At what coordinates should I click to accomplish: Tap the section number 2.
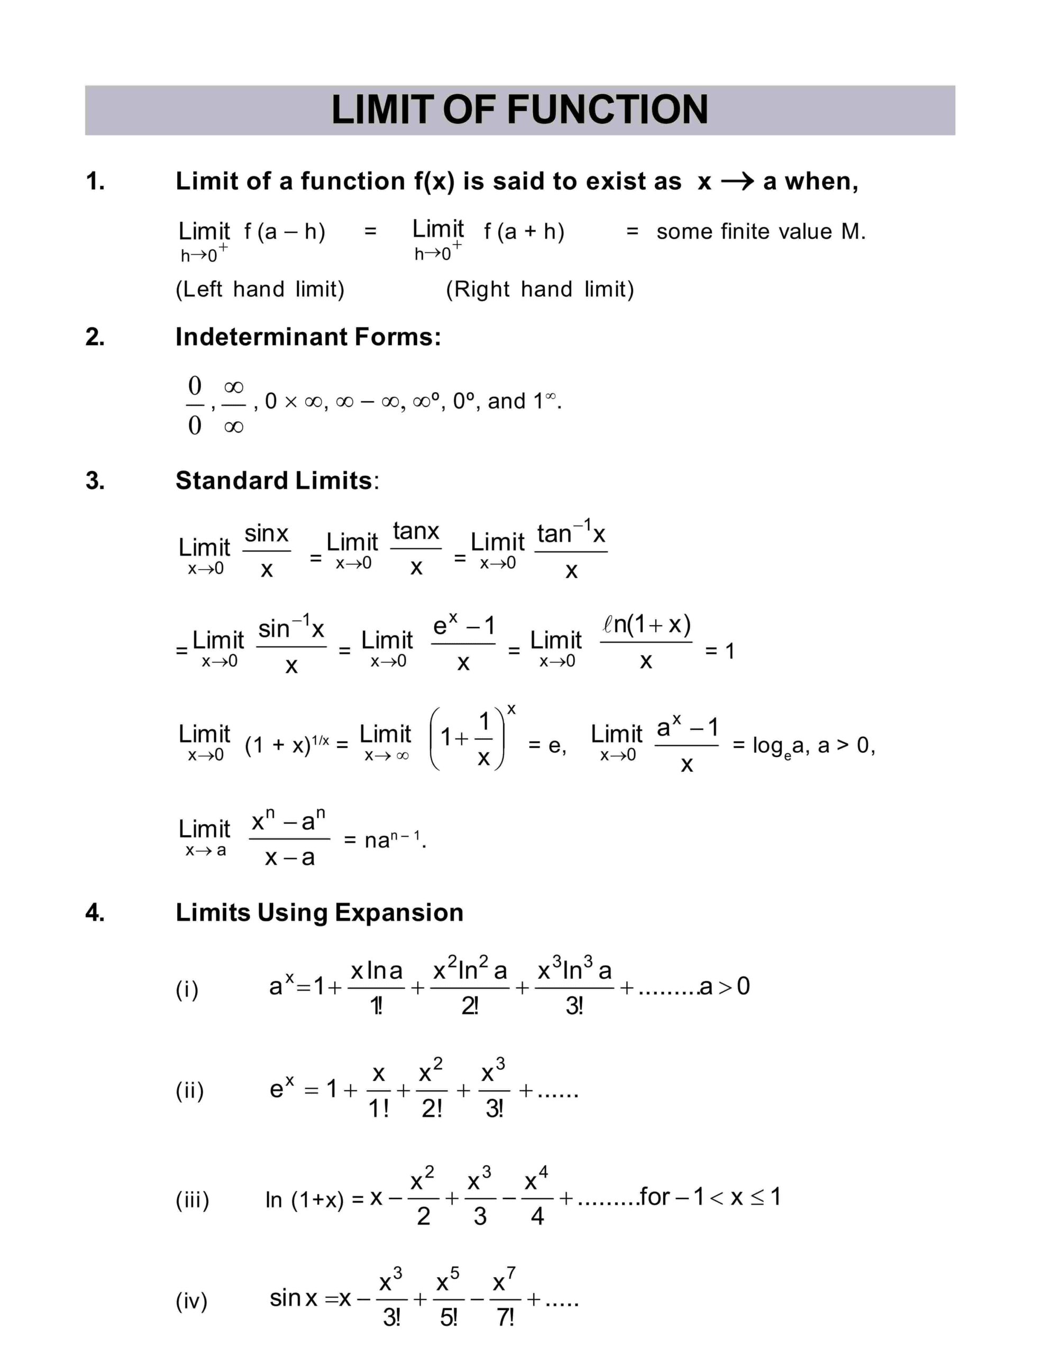(x=95, y=337)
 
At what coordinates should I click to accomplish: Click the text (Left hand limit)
(x=260, y=289)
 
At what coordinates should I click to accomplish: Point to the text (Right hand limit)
(x=539, y=289)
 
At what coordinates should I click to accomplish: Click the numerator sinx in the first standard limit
(x=267, y=534)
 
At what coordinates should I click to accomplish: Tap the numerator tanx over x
(x=416, y=532)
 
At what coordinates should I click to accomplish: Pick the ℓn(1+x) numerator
(x=646, y=624)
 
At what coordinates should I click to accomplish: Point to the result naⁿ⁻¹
(x=392, y=840)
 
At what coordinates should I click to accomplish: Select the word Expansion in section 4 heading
(x=399, y=913)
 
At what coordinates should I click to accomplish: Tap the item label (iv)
(x=191, y=1301)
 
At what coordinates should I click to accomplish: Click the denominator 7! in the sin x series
(x=506, y=1318)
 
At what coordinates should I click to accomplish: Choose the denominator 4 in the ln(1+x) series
(x=537, y=1217)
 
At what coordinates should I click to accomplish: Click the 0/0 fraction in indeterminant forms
(x=195, y=406)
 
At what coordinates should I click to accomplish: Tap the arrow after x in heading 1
(x=737, y=181)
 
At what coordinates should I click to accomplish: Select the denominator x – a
(x=290, y=858)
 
